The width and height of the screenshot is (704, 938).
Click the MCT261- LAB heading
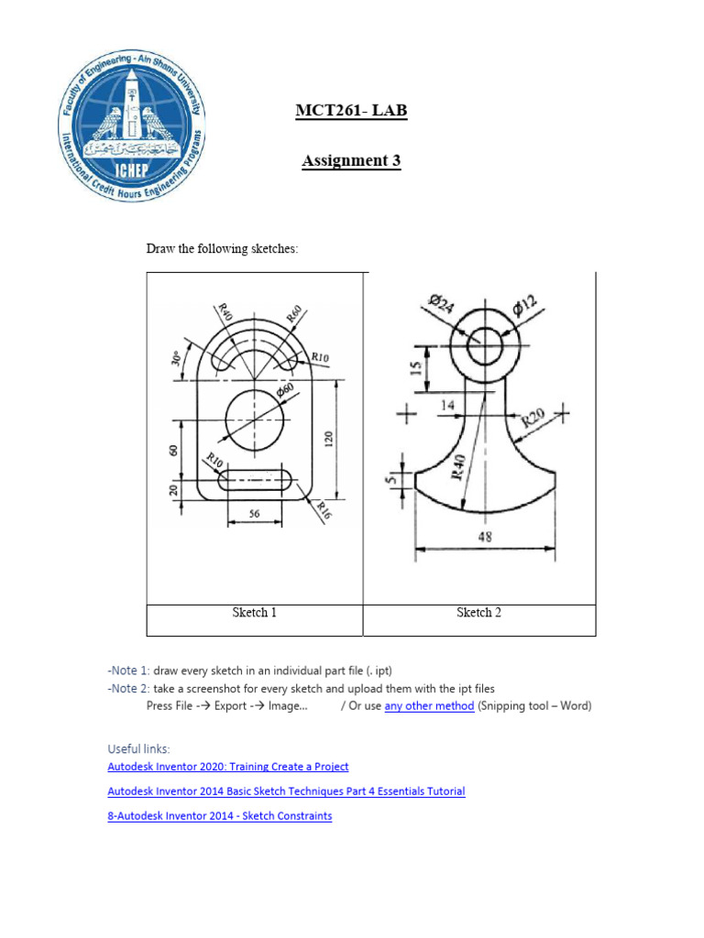point(351,112)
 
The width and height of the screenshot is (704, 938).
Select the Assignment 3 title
point(351,161)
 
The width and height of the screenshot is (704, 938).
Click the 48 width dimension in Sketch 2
point(485,537)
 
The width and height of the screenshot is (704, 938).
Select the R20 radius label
point(534,419)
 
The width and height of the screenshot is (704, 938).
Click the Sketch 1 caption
point(254,613)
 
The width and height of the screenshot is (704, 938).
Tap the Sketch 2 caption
point(478,613)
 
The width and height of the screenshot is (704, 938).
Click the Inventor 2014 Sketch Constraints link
point(220,815)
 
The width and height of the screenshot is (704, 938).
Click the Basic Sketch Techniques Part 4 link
point(286,791)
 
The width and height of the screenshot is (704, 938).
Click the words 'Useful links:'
point(138,748)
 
